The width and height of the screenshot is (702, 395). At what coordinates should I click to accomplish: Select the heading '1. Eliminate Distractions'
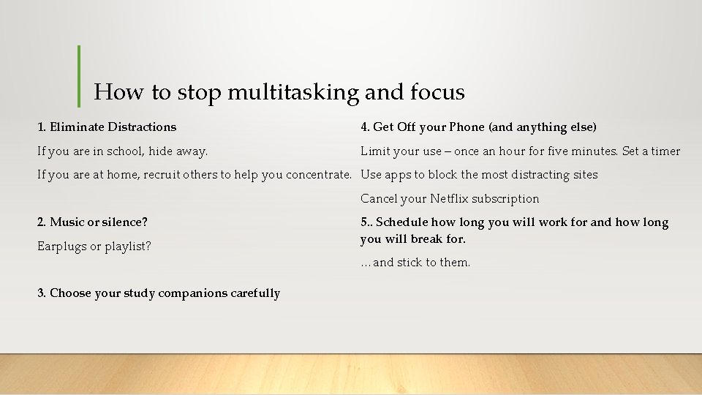coord(107,127)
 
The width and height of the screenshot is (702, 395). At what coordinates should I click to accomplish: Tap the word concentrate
coord(321,175)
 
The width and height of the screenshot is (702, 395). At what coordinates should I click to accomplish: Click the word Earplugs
coord(61,247)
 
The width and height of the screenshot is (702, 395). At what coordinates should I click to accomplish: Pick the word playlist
coord(127,247)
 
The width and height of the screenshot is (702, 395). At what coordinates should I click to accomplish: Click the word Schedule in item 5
coord(401,222)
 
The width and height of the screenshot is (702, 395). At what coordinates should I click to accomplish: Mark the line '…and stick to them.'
coord(415,263)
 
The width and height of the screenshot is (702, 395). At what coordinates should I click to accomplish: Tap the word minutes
coord(594,151)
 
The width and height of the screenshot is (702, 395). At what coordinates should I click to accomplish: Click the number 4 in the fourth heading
coord(364,127)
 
